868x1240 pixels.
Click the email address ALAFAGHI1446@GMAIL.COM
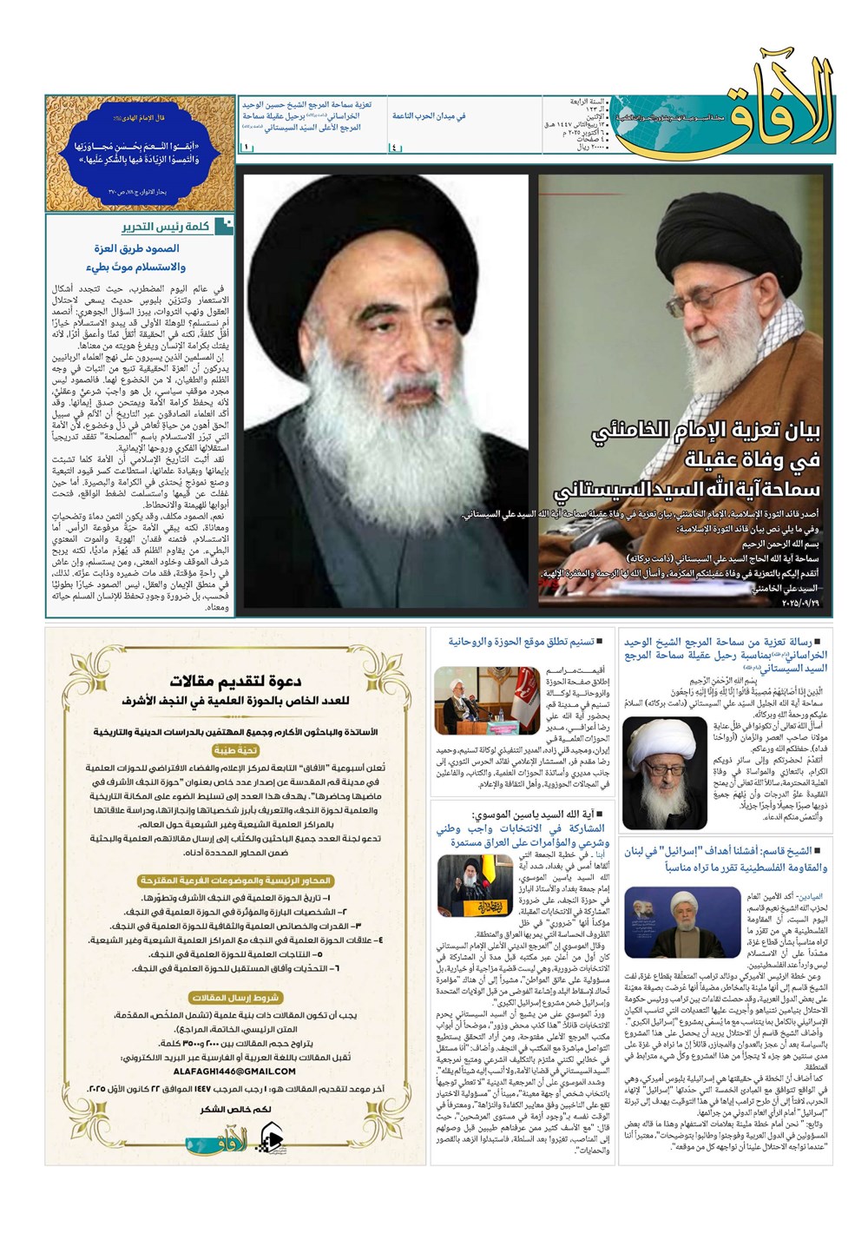point(234,1071)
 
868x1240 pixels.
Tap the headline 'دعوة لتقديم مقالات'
point(235,681)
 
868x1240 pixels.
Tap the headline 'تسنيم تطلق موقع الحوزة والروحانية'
point(521,642)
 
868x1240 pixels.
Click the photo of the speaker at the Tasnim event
point(474,701)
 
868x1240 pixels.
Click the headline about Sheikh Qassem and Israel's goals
point(726,859)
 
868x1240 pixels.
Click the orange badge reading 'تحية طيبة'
point(234,750)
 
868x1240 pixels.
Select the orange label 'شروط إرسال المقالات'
point(234,999)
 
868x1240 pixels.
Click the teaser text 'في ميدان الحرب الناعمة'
point(429,115)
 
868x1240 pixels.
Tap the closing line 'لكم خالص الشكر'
point(234,1109)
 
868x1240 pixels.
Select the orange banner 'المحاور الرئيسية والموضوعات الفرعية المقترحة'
point(234,881)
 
